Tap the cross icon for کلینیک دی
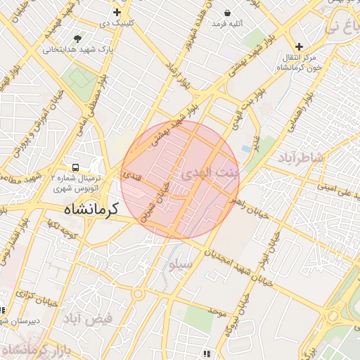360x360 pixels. tap(117, 13)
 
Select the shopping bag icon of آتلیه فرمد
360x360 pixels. tap(227, 13)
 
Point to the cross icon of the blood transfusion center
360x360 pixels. tap(299, 46)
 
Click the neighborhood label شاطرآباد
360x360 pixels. tap(302, 156)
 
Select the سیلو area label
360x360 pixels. tap(179, 266)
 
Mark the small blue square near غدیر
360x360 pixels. tap(245, 148)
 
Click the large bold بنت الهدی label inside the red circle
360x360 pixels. tap(210, 173)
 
